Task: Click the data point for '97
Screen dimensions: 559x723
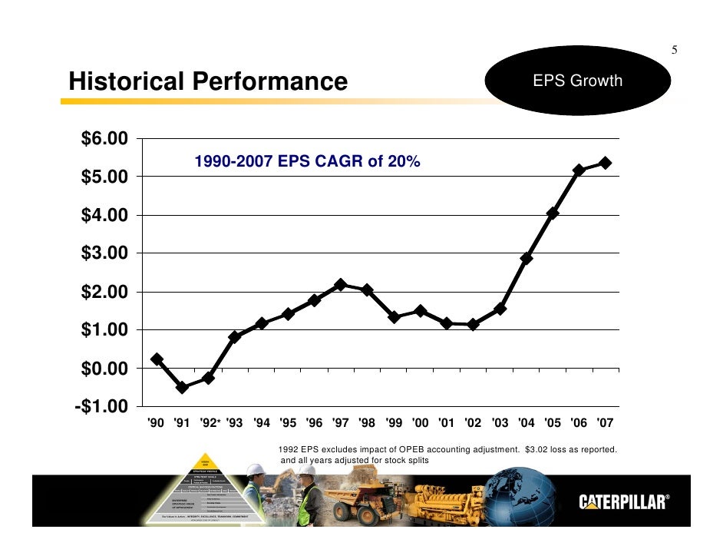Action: (341, 285)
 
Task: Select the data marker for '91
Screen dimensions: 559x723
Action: (182, 387)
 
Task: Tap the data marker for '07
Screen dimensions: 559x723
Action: (606, 163)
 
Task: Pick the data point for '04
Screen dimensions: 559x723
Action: (526, 258)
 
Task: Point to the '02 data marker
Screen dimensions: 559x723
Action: (473, 324)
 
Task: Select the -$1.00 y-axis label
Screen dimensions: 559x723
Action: (101, 406)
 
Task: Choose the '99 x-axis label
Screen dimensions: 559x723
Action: (394, 423)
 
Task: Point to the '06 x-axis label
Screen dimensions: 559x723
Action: (579, 423)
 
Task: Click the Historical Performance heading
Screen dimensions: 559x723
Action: (207, 81)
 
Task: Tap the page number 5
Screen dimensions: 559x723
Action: (675, 51)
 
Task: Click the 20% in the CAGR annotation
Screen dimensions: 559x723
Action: (404, 162)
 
